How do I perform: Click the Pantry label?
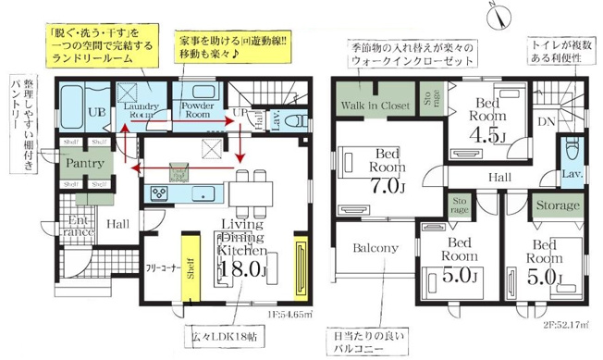[x=83, y=163]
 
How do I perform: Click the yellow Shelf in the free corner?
[x=191, y=269]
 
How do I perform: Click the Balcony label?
[x=375, y=248]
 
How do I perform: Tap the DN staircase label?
[x=547, y=120]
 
